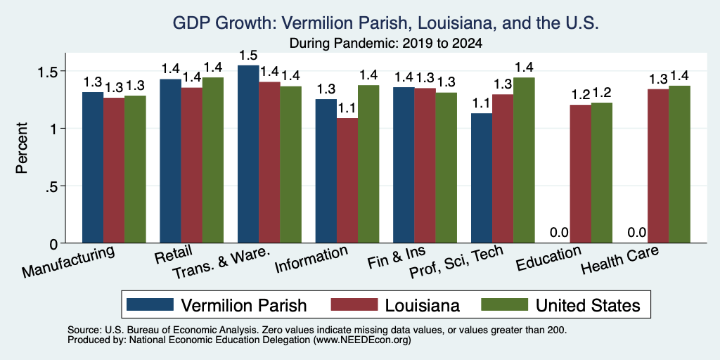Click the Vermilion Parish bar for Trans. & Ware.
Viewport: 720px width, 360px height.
click(x=248, y=154)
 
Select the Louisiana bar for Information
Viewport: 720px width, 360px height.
click(x=347, y=181)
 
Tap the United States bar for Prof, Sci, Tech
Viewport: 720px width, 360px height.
click(x=524, y=160)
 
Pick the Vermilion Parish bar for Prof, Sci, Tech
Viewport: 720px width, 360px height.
click(x=482, y=178)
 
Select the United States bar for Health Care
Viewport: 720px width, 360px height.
click(x=680, y=165)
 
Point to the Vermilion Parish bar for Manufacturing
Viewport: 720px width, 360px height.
click(x=93, y=167)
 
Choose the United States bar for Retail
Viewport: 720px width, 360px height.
click(x=213, y=160)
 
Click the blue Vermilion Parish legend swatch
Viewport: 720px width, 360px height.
click(x=150, y=304)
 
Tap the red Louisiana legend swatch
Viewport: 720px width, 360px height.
click(x=354, y=304)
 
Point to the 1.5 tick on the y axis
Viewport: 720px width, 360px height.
click(x=63, y=71)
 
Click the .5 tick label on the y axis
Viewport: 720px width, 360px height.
click(x=52, y=186)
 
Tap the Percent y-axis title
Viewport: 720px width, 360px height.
click(x=22, y=148)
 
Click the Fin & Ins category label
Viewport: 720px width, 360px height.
click(x=397, y=257)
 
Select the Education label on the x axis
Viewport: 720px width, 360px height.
click(x=548, y=259)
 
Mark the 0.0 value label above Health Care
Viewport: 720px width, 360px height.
click(x=637, y=232)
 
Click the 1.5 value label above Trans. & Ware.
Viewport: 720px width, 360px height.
click(x=248, y=56)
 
